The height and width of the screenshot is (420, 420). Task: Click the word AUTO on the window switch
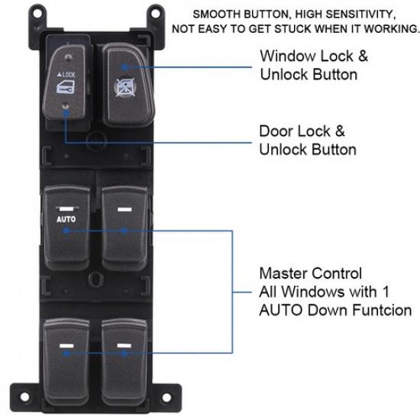pos(66,219)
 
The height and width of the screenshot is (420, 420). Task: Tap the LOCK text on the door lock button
pos(68,76)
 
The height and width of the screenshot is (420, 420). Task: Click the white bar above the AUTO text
pos(66,208)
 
